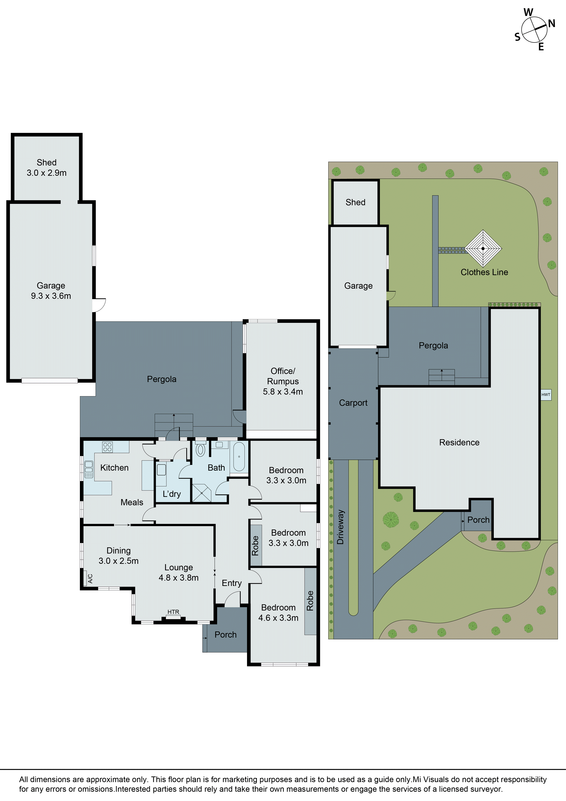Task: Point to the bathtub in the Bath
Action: click(239, 456)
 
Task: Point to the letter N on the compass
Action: click(551, 24)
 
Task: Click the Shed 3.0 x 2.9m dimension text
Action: click(47, 173)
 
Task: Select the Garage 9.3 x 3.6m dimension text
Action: click(51, 296)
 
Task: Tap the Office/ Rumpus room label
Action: click(283, 376)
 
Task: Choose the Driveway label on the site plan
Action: click(340, 527)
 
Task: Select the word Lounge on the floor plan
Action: click(179, 568)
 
